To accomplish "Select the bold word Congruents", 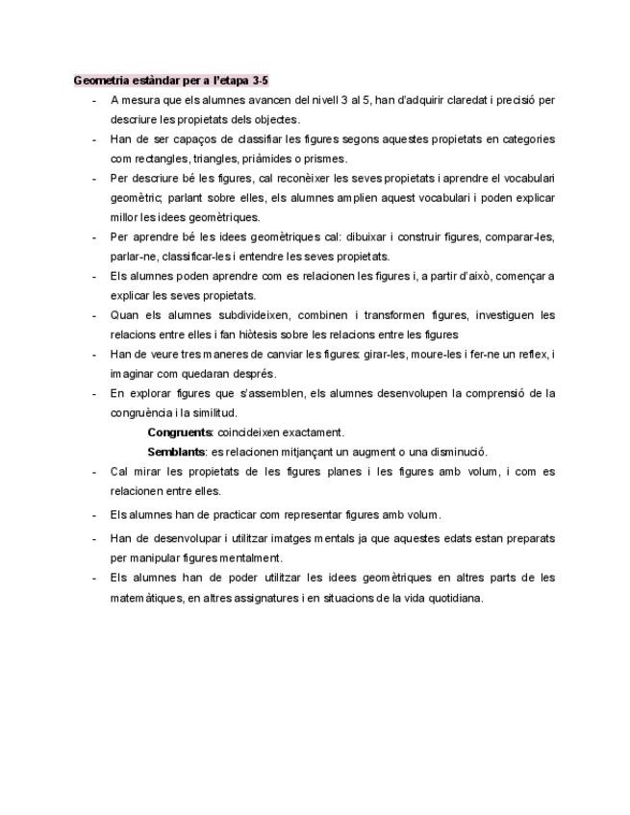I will (x=180, y=432).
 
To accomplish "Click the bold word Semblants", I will (x=177, y=452).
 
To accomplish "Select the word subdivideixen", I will (x=251, y=315).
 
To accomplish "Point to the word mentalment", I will (x=251, y=557).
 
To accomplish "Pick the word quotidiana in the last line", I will (x=450, y=598).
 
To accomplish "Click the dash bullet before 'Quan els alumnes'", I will (x=93, y=315).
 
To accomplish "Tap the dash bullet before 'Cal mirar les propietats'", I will (x=93, y=472).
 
